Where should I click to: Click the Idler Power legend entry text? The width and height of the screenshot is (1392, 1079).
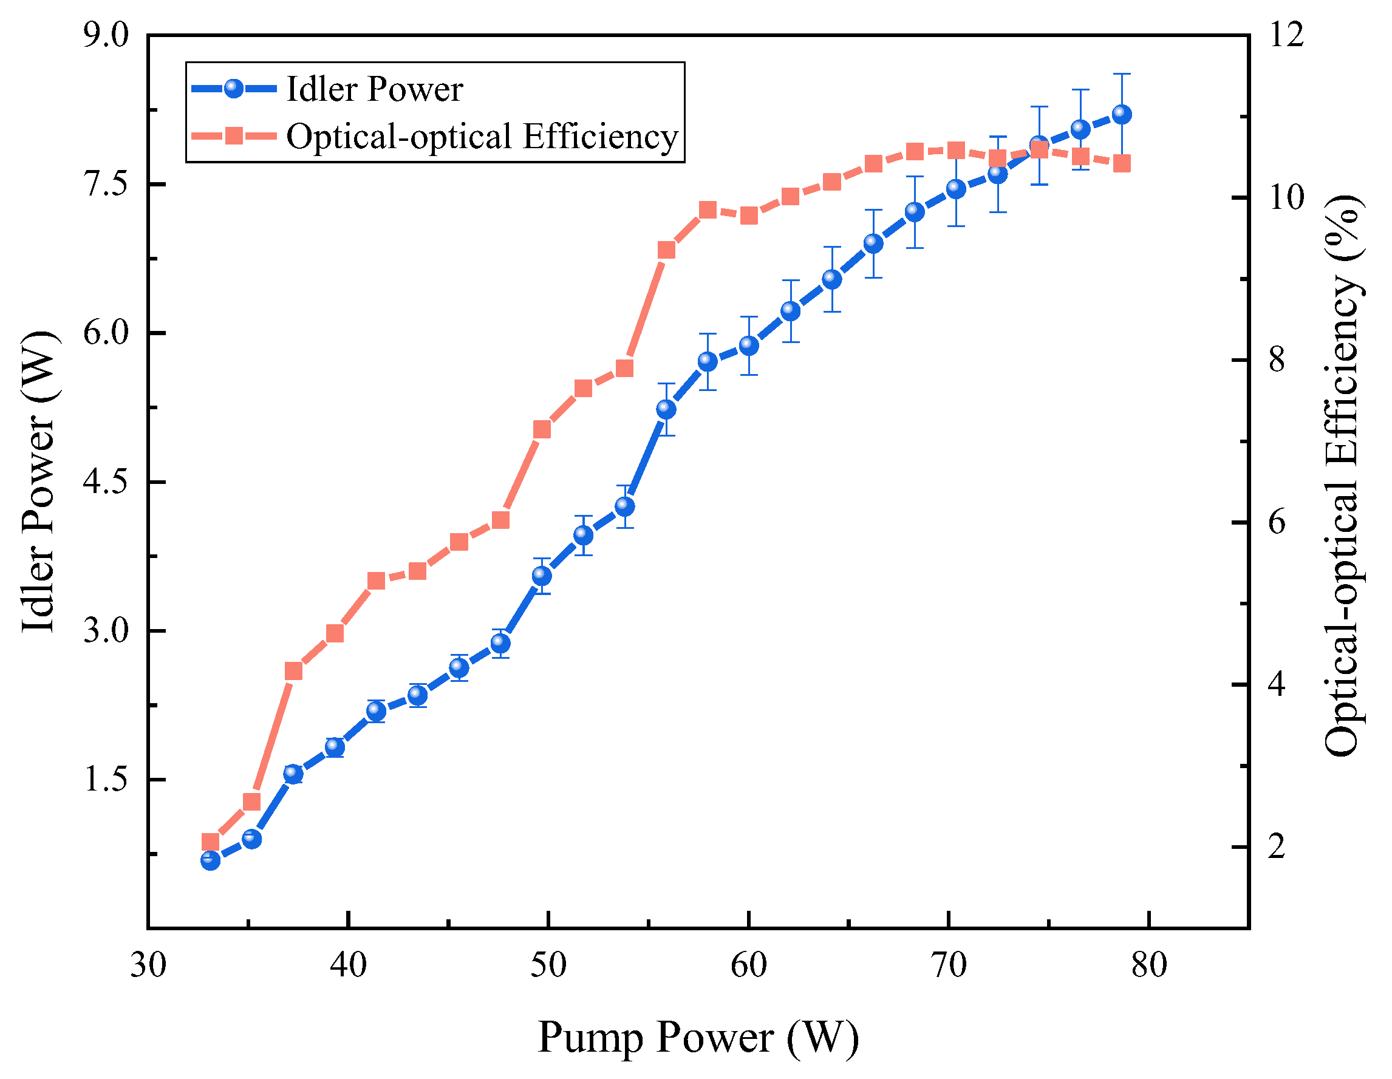click(374, 89)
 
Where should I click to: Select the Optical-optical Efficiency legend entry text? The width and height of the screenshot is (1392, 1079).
click(482, 137)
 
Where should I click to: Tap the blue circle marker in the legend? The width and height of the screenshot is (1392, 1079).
click(234, 88)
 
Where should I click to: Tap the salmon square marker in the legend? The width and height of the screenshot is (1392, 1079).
click(234, 136)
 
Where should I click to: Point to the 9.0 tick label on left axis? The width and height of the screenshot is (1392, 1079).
click(106, 35)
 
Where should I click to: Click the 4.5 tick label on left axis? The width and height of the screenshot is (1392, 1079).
click(106, 483)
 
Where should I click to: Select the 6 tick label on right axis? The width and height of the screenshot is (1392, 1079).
click(1277, 523)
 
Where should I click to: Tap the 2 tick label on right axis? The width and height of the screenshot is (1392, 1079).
click(1277, 848)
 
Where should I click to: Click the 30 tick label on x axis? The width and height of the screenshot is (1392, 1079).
click(149, 965)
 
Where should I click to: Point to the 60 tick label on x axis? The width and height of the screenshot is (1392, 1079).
click(748, 965)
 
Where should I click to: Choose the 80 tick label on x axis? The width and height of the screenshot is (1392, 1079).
click(1148, 965)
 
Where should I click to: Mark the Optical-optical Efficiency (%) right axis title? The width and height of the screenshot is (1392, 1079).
click(1343, 475)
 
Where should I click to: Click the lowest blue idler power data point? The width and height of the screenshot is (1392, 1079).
click(210, 861)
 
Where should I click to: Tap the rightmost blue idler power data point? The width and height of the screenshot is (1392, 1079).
click(1122, 115)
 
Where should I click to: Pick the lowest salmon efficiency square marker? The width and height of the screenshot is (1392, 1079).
click(210, 842)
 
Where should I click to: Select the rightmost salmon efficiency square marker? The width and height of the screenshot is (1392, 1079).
click(1122, 164)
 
